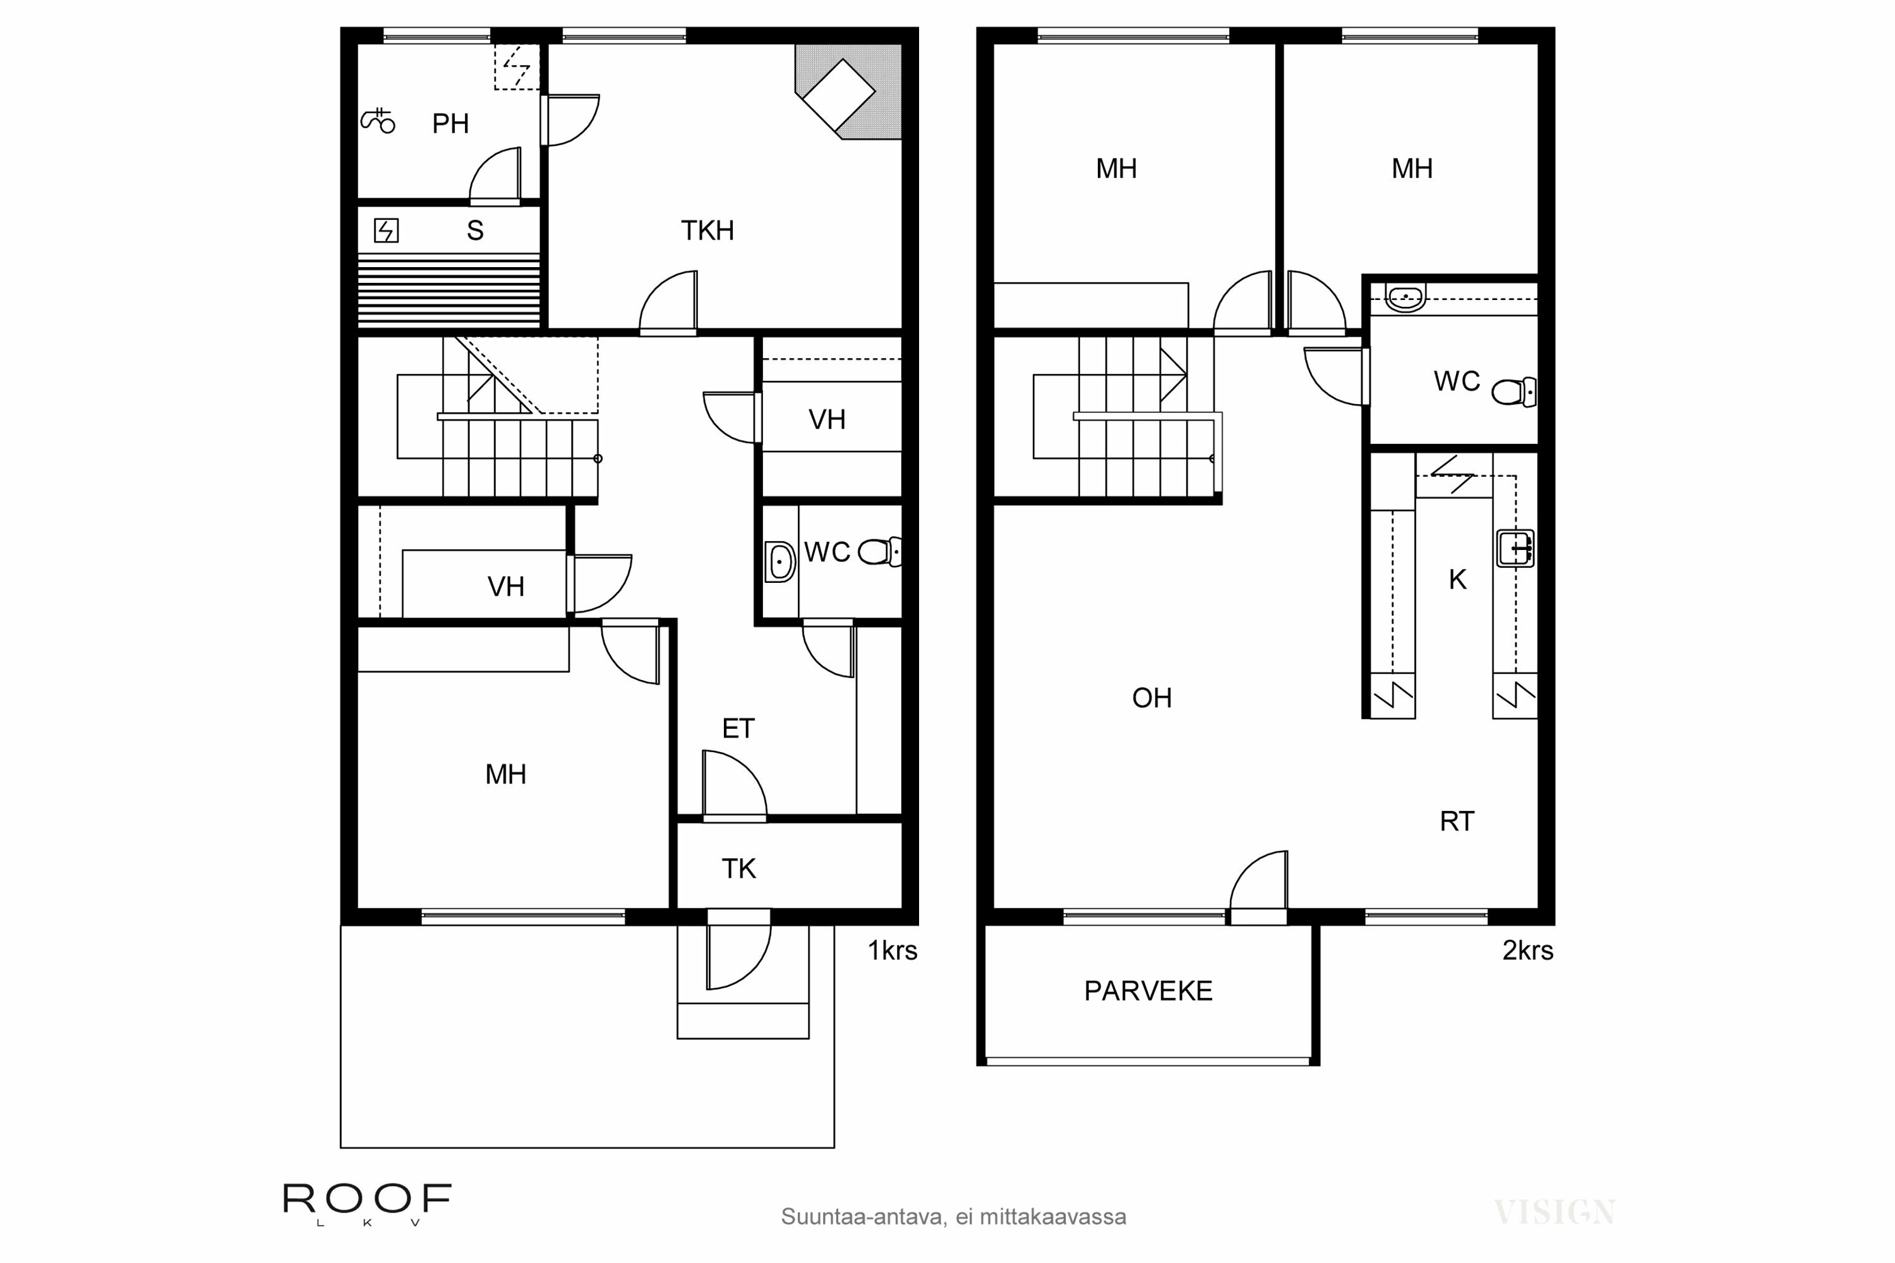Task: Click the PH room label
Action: [450, 124]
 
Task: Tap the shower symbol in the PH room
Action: [377, 121]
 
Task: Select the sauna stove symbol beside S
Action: [386, 231]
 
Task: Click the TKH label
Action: [707, 231]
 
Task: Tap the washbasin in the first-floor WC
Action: [779, 561]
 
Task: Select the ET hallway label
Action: [737, 729]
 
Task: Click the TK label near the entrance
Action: [738, 869]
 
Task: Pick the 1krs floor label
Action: [892, 951]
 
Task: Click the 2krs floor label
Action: [1527, 951]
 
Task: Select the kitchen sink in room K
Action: [1514, 549]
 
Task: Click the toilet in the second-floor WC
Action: [1513, 392]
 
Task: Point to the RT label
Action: [1456, 822]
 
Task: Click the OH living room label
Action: [1152, 698]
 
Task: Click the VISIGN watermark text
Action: [1553, 1212]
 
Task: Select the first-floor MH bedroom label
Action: [505, 775]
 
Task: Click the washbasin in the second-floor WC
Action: [1405, 298]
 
